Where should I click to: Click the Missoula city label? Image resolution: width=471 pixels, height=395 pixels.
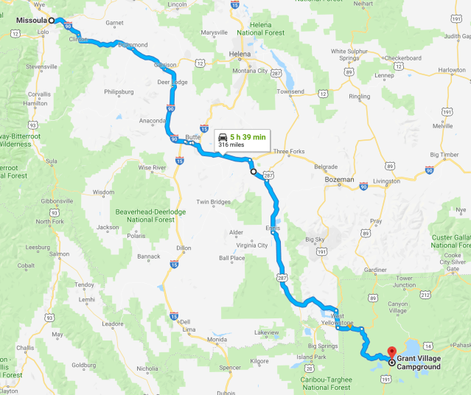tap(32, 21)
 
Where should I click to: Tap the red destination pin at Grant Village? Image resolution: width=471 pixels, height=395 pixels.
tap(391, 352)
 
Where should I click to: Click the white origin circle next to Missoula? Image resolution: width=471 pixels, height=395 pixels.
tap(52, 21)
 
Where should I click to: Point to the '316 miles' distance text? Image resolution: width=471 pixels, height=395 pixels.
tap(231, 145)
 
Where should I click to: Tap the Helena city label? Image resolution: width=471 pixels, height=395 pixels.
tap(240, 55)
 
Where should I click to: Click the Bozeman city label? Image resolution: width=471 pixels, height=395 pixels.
tap(341, 179)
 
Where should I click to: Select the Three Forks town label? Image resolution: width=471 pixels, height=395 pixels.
tap(288, 152)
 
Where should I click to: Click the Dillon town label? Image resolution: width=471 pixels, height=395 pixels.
tap(183, 248)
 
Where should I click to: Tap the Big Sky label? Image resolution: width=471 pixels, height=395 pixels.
tap(314, 240)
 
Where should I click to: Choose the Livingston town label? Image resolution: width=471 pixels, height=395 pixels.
tap(386, 181)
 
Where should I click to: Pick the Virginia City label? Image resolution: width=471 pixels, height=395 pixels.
tap(251, 245)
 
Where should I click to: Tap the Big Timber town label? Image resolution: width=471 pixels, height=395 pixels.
tap(443, 155)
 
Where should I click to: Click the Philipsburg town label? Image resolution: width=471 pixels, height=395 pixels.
tap(119, 92)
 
